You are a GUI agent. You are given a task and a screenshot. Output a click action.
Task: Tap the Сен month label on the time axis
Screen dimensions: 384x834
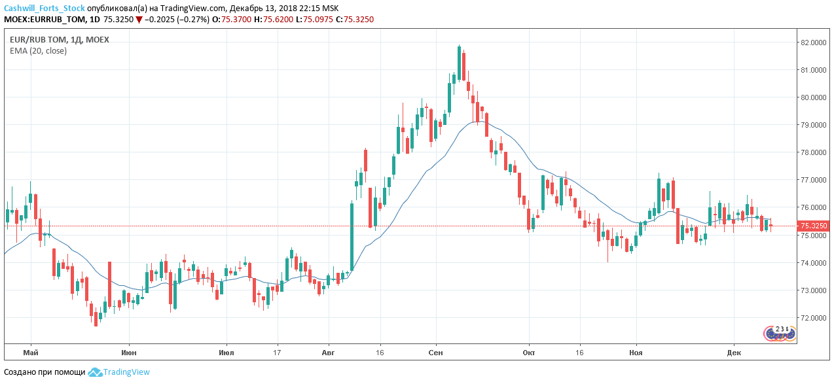point(436,353)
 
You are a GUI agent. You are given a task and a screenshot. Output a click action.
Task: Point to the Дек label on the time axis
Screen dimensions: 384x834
point(734,353)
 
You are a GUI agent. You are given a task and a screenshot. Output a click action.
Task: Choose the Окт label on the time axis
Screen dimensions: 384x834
point(529,353)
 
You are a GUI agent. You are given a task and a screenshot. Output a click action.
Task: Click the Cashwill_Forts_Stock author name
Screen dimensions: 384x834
point(45,9)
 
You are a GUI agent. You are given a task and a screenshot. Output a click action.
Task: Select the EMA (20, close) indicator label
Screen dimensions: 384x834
point(38,50)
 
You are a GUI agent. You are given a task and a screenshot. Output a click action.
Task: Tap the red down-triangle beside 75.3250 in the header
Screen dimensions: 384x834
point(139,20)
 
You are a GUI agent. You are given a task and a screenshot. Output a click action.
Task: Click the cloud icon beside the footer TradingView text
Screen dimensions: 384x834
point(95,372)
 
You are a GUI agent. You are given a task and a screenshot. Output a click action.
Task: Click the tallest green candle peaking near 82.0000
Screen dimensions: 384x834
point(459,63)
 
